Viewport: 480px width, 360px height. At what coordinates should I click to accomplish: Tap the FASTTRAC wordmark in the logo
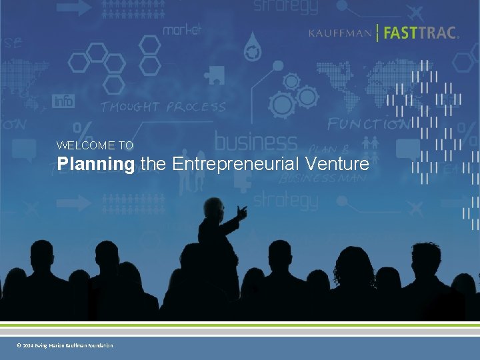(x=421, y=33)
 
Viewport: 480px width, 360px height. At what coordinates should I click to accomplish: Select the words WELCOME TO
(x=95, y=145)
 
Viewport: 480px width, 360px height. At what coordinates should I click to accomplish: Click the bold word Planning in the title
(x=95, y=163)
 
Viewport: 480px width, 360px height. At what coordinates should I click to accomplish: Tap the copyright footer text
(x=65, y=345)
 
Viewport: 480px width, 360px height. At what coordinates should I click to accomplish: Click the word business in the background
(x=255, y=141)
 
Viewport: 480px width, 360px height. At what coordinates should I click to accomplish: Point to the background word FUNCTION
(x=369, y=124)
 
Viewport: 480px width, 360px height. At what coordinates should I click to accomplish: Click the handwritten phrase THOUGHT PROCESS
(x=163, y=107)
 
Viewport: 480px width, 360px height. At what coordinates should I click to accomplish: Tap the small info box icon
(x=63, y=101)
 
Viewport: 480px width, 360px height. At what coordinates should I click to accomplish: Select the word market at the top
(x=182, y=29)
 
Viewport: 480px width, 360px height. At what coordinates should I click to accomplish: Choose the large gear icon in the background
(x=282, y=105)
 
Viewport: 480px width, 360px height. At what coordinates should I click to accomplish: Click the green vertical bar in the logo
(x=378, y=33)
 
